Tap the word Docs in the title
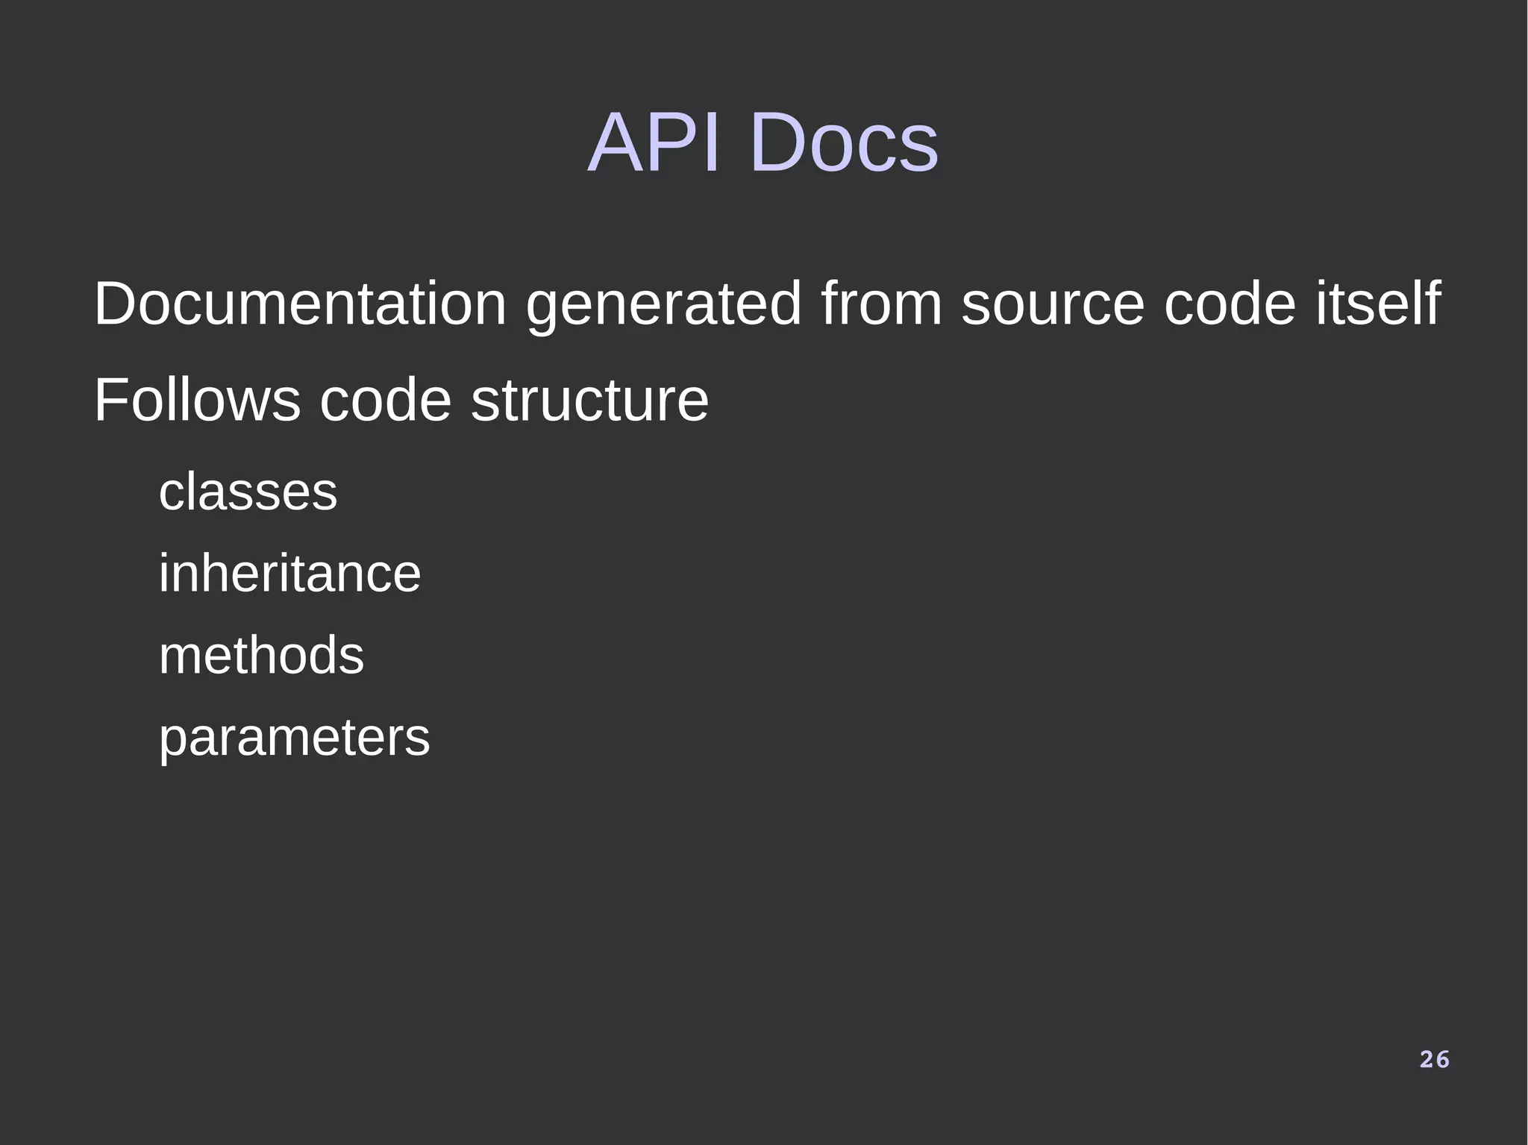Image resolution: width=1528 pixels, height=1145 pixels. (x=843, y=142)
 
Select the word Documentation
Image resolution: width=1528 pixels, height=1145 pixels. (x=300, y=304)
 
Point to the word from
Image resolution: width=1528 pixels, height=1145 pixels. (x=881, y=304)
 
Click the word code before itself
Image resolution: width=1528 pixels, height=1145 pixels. (x=1230, y=304)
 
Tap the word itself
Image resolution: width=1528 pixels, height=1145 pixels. (x=1377, y=304)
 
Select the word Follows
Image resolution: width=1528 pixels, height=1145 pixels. (x=197, y=401)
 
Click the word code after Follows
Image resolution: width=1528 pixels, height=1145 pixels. (x=385, y=401)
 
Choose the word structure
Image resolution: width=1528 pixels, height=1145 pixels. (x=589, y=401)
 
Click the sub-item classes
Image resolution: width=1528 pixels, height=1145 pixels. (x=248, y=492)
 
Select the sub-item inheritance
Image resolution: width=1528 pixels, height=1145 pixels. (x=289, y=574)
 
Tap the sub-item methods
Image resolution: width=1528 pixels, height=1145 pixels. (x=261, y=656)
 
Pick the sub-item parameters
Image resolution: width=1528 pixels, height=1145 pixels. (x=294, y=738)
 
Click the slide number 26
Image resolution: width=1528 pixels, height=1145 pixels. (x=1434, y=1059)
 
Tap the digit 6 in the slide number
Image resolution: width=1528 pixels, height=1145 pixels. (x=1442, y=1059)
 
